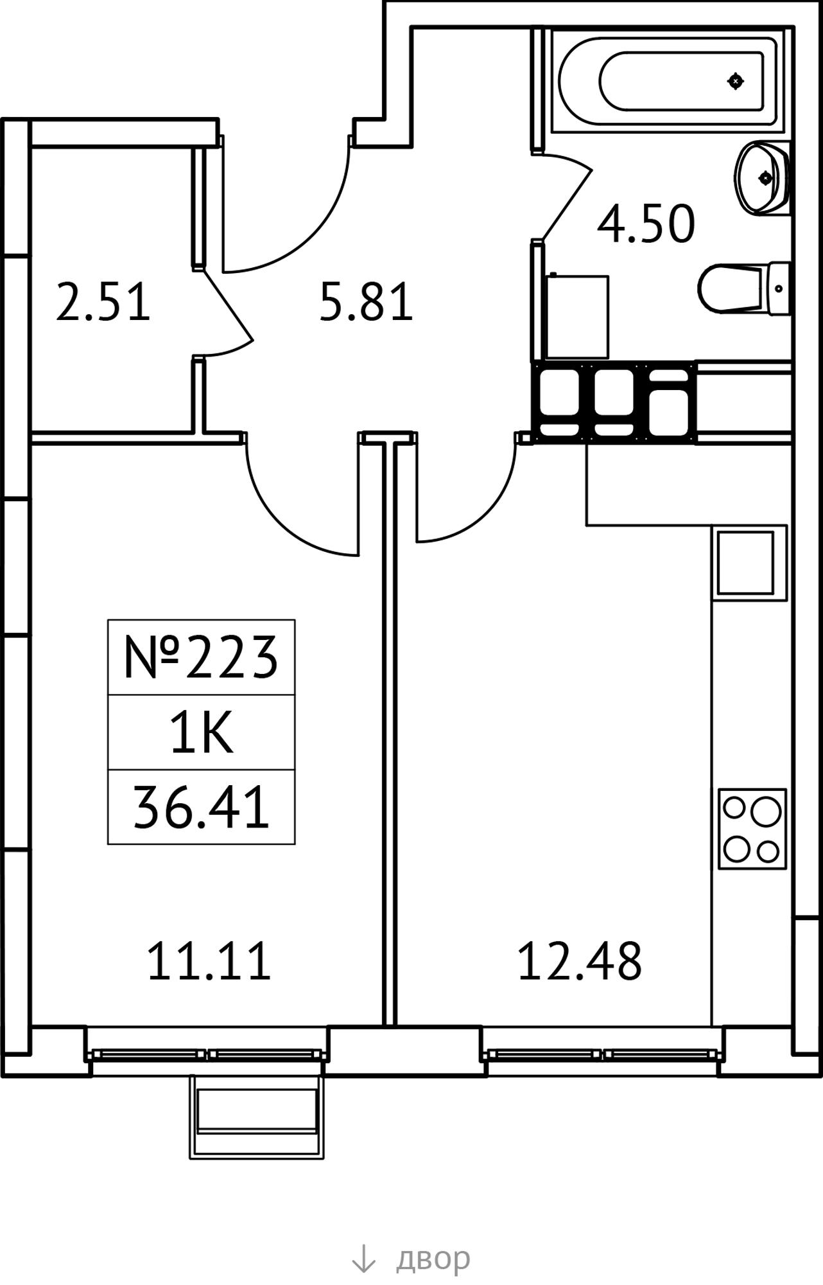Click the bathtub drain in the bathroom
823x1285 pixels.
(736, 81)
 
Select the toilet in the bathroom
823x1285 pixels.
(744, 288)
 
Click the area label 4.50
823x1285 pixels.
(646, 224)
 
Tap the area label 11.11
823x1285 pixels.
(209, 961)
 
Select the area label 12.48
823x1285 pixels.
(579, 961)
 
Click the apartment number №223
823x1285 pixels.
(201, 657)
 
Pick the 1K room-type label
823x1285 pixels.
(201, 733)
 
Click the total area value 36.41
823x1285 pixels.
(201, 808)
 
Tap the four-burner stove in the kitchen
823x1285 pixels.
(752, 829)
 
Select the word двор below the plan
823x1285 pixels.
(433, 1260)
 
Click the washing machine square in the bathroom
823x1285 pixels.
(577, 316)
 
